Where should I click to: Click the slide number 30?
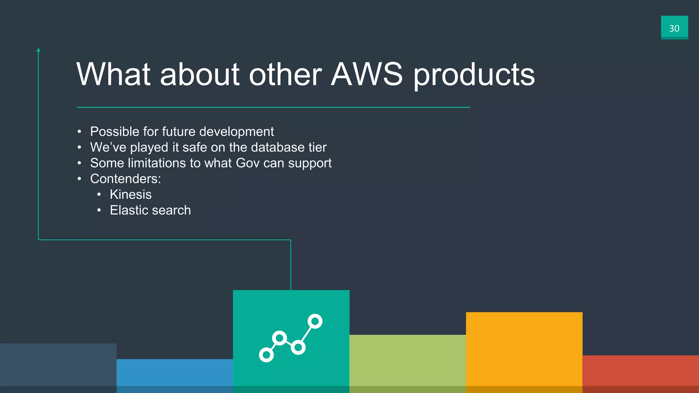674,28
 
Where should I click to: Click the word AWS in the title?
367,74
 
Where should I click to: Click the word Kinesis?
131,194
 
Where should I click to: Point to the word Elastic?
129,210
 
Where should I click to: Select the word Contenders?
125,179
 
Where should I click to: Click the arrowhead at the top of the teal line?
38,50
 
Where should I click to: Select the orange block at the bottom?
524,351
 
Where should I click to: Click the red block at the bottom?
640,374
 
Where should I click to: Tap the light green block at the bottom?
408,363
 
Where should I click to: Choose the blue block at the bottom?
174,375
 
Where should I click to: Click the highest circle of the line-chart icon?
315,321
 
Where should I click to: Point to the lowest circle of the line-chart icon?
266,355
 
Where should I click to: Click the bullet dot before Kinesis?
99,195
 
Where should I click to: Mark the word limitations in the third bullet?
157,163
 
